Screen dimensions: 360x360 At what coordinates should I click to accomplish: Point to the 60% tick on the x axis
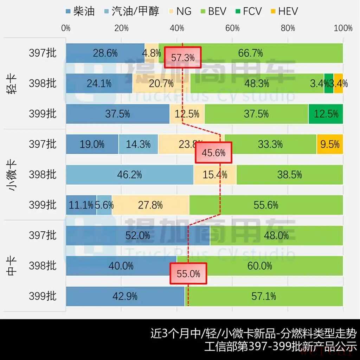232,28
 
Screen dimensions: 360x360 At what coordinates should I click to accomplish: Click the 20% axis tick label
121,28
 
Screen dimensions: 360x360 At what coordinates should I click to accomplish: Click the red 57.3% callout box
183,57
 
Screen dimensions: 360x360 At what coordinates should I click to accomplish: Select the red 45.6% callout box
214,153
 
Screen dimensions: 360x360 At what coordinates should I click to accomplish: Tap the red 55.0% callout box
188,274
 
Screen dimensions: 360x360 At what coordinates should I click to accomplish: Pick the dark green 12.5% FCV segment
326,114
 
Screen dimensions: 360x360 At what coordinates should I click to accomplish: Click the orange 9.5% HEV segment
330,144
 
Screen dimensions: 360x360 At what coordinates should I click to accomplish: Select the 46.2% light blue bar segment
129,175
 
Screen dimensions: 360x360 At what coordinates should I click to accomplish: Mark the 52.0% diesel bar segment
138,236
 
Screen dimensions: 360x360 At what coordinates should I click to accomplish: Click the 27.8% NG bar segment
150,205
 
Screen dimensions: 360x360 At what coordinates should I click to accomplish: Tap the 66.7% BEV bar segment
250,53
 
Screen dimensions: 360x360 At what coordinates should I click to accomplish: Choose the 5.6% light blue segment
104,205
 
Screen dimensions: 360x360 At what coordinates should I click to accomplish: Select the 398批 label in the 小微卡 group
43,175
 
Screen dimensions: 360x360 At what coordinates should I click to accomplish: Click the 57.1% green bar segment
264,296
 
